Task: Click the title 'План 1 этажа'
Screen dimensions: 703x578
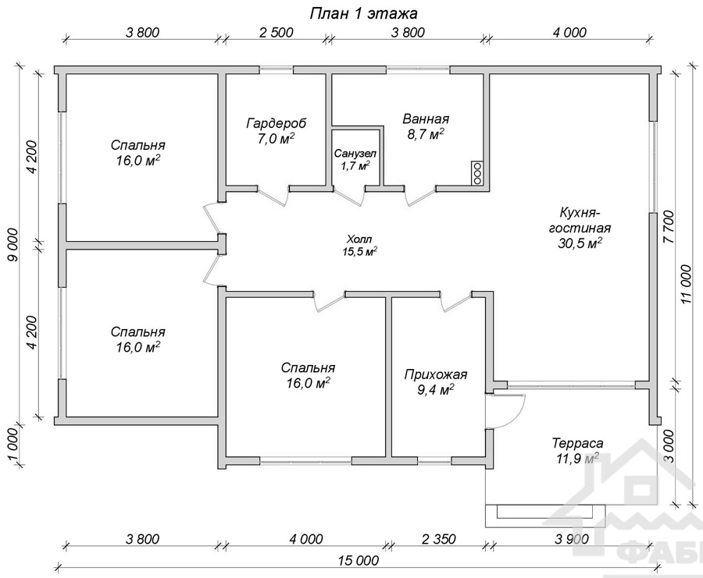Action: tap(363, 13)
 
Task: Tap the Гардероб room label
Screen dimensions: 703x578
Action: tap(277, 123)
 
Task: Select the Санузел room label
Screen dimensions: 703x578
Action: tap(355, 154)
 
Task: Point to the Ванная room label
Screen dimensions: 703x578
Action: tap(426, 119)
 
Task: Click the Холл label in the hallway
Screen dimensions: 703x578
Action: tap(359, 239)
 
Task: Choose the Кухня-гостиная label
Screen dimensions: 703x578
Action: tap(580, 219)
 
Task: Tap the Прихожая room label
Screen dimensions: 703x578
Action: tap(436, 374)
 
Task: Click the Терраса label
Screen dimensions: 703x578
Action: tap(577, 443)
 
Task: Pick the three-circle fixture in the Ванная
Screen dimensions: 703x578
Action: tap(477, 173)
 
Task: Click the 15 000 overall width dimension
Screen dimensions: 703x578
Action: tap(359, 560)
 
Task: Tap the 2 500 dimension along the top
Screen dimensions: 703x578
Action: tap(277, 32)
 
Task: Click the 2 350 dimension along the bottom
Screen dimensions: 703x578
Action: tap(439, 538)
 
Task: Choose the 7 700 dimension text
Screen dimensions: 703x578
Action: tap(669, 226)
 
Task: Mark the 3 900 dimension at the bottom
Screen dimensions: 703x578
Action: tap(572, 538)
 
